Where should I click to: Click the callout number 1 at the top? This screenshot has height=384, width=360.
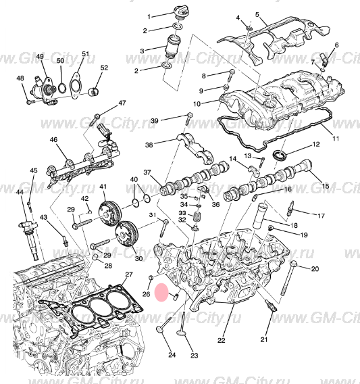pos(153,14)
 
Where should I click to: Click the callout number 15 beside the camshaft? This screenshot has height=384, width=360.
pos(325,186)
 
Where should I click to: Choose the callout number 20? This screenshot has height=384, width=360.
pos(315,269)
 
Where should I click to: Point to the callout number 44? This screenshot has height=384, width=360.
pos(18,193)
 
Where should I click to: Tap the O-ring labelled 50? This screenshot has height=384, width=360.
pos(63,87)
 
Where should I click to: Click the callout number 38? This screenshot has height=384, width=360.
pos(149,144)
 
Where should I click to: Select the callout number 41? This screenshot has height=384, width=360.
pos(103,187)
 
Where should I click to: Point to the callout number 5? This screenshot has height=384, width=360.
pos(257,14)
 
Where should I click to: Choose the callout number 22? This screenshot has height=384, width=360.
pos(221,340)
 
